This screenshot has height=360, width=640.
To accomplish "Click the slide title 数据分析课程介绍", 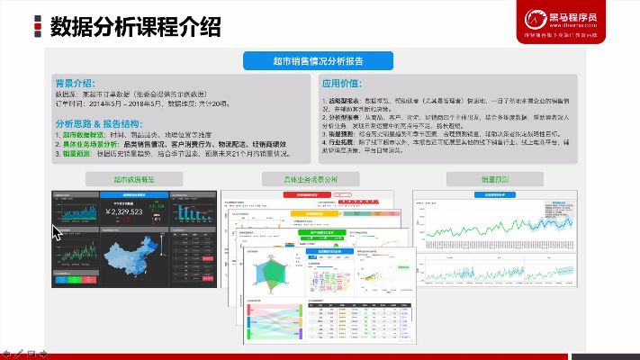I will coord(135,27).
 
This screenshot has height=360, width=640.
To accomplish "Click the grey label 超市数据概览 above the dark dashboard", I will coord(133,179).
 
